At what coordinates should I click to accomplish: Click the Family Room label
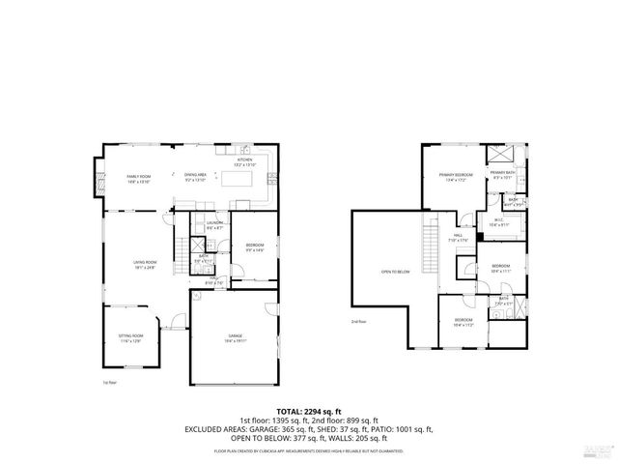coord(139,179)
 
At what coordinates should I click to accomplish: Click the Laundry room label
coord(215,225)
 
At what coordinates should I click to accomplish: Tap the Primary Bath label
coord(503,175)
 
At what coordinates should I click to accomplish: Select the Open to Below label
coord(395,272)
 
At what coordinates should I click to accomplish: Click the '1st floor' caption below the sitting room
coord(109,383)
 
